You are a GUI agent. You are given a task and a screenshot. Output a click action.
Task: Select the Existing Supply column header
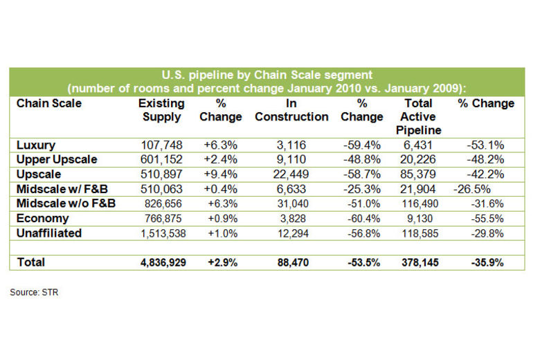(x=162, y=110)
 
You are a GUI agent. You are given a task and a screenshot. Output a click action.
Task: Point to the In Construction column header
(x=291, y=110)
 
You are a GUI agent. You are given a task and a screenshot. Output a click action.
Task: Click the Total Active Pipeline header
(x=419, y=116)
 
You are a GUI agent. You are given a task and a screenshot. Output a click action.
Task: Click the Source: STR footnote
(x=34, y=292)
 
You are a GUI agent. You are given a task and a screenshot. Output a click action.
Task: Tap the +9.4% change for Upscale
(x=220, y=173)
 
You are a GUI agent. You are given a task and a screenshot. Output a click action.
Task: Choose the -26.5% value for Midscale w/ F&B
(x=474, y=188)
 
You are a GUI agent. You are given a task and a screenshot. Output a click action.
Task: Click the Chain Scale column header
(x=48, y=103)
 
